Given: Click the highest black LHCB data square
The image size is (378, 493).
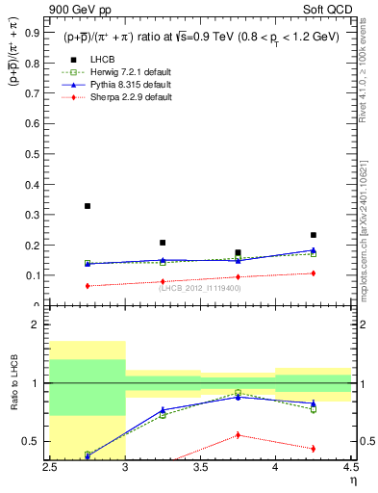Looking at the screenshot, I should click(88, 206).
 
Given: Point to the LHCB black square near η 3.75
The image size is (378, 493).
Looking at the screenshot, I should click(238, 252).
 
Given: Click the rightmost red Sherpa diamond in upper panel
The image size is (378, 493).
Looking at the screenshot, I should click(313, 273).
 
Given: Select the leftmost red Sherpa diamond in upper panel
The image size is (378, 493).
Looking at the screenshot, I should click(88, 286).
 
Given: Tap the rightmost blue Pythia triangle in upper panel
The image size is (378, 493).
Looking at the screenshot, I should click(313, 250).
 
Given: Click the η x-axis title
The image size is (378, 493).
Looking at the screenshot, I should click(353, 480).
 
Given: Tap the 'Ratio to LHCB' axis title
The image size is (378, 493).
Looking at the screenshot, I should click(13, 384).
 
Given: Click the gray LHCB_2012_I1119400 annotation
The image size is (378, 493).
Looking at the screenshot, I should click(199, 288).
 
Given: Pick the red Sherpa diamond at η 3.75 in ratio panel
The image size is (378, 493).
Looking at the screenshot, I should click(238, 435).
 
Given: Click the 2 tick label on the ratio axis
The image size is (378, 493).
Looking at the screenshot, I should click(38, 325).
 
